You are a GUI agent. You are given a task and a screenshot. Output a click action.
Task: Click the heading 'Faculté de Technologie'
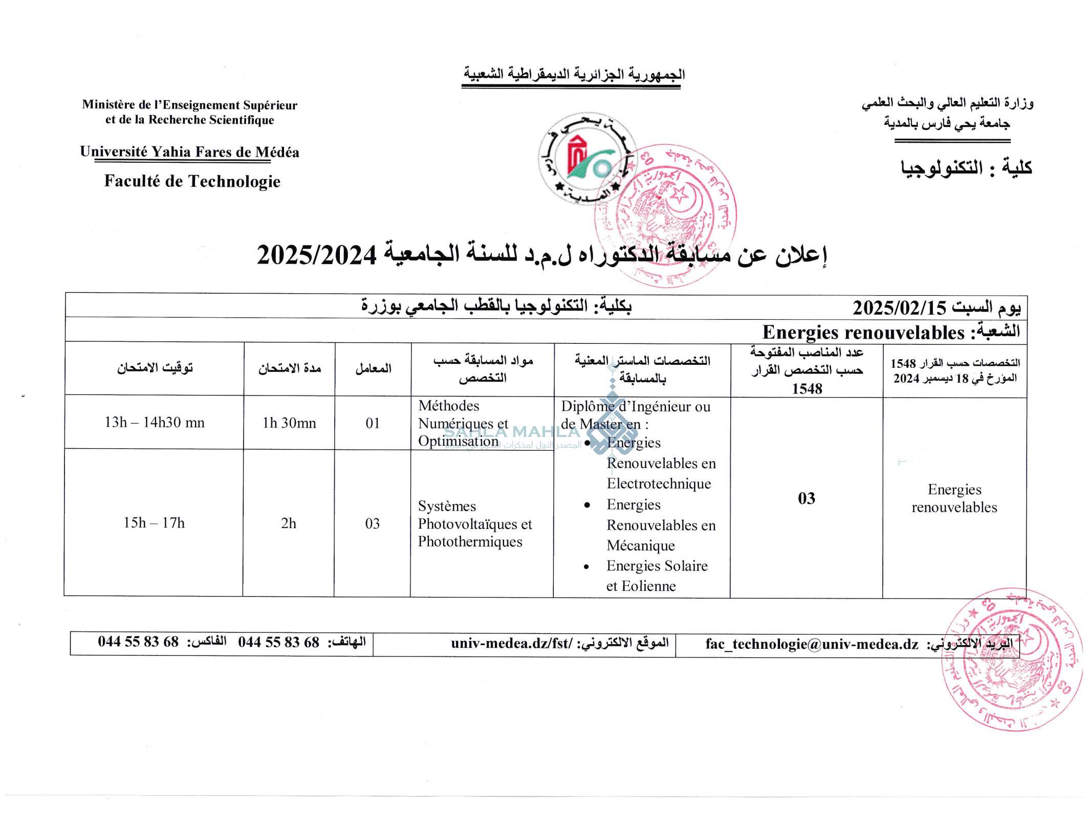pyautogui.click(x=192, y=181)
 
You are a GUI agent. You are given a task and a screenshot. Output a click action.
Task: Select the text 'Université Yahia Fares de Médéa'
pyautogui.click(x=189, y=152)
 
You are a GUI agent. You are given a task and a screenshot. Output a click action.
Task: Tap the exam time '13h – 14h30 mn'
pyautogui.click(x=155, y=422)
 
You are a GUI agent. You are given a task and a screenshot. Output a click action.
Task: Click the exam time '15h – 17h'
pyautogui.click(x=154, y=522)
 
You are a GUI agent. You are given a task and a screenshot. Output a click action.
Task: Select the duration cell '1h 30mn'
pyautogui.click(x=289, y=423)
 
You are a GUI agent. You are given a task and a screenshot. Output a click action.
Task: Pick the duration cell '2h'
pyautogui.click(x=289, y=523)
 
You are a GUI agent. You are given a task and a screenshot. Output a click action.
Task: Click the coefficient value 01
pyautogui.click(x=373, y=423)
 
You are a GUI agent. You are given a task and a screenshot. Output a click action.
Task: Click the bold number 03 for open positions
pyautogui.click(x=807, y=498)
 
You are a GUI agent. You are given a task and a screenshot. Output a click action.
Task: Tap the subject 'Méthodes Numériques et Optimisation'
pyautogui.click(x=463, y=423)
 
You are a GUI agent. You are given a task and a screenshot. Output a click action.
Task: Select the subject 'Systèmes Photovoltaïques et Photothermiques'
pyautogui.click(x=475, y=523)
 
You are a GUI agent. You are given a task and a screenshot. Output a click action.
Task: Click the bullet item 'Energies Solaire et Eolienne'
pyautogui.click(x=657, y=576)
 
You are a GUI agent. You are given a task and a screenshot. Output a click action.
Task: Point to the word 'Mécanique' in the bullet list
pyautogui.click(x=641, y=545)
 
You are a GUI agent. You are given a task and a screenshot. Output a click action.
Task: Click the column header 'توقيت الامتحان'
pyautogui.click(x=155, y=368)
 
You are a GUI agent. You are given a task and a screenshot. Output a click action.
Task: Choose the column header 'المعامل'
pyautogui.click(x=373, y=368)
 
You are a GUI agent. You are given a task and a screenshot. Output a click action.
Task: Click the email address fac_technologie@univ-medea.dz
pyautogui.click(x=812, y=644)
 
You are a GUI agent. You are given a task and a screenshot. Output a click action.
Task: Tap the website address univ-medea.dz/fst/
pyautogui.click(x=511, y=643)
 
